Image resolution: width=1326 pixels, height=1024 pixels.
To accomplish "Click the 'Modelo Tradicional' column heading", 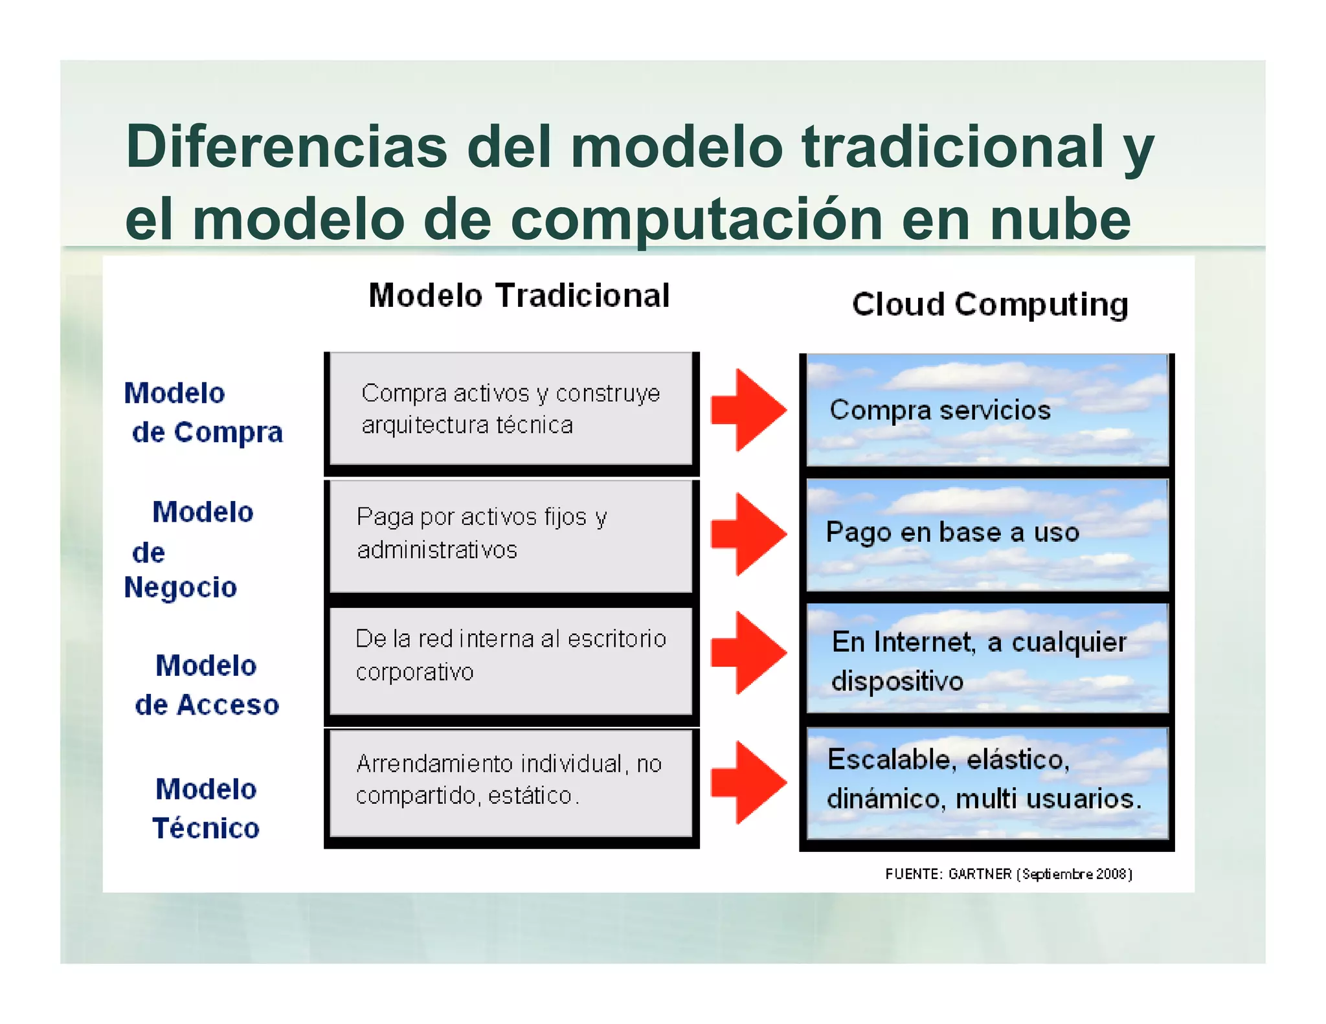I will pos(519,296).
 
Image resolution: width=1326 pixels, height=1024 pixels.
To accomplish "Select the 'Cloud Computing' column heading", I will pos(989,304).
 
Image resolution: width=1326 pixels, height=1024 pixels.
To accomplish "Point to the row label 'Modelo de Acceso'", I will pos(207,685).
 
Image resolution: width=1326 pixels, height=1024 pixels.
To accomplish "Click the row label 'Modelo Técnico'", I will pos(206,808).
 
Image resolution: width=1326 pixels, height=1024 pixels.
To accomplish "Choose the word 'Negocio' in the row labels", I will pos(181,587).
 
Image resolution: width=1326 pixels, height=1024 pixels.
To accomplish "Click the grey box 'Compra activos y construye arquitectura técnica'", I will pos(511,409).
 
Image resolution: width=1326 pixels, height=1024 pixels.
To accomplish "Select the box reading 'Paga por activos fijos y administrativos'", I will pos(511,535).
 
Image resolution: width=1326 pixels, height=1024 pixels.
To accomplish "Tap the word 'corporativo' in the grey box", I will pos(414,673).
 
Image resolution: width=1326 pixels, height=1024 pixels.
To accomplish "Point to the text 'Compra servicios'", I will pos(939,410).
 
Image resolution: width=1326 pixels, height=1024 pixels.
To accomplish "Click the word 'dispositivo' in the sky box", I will pos(897,682).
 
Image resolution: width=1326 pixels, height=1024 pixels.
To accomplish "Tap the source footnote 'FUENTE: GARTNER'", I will pos(948,874).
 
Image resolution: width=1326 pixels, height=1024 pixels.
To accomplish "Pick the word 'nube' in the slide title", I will pos(1060,220).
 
